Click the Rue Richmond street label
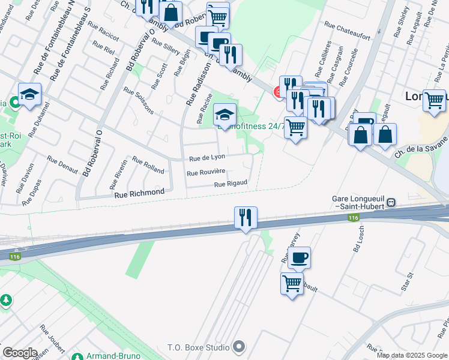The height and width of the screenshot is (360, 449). click(x=139, y=193)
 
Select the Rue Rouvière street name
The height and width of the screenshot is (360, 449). click(x=205, y=173)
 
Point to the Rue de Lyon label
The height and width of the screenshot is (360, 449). click(x=207, y=158)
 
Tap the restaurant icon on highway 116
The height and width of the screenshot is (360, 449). click(x=246, y=217)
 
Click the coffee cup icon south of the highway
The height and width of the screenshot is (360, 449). click(x=299, y=258)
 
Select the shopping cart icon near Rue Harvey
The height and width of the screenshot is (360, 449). click(x=292, y=283)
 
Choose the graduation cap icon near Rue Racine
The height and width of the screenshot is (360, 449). click(x=225, y=115)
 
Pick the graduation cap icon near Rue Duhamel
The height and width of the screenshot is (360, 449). click(x=29, y=94)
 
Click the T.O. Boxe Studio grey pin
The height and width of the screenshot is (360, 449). click(x=239, y=347)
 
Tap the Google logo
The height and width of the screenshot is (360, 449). click(x=20, y=353)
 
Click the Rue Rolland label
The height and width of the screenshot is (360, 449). click(x=148, y=166)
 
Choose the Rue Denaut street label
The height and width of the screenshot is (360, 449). click(x=63, y=164)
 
